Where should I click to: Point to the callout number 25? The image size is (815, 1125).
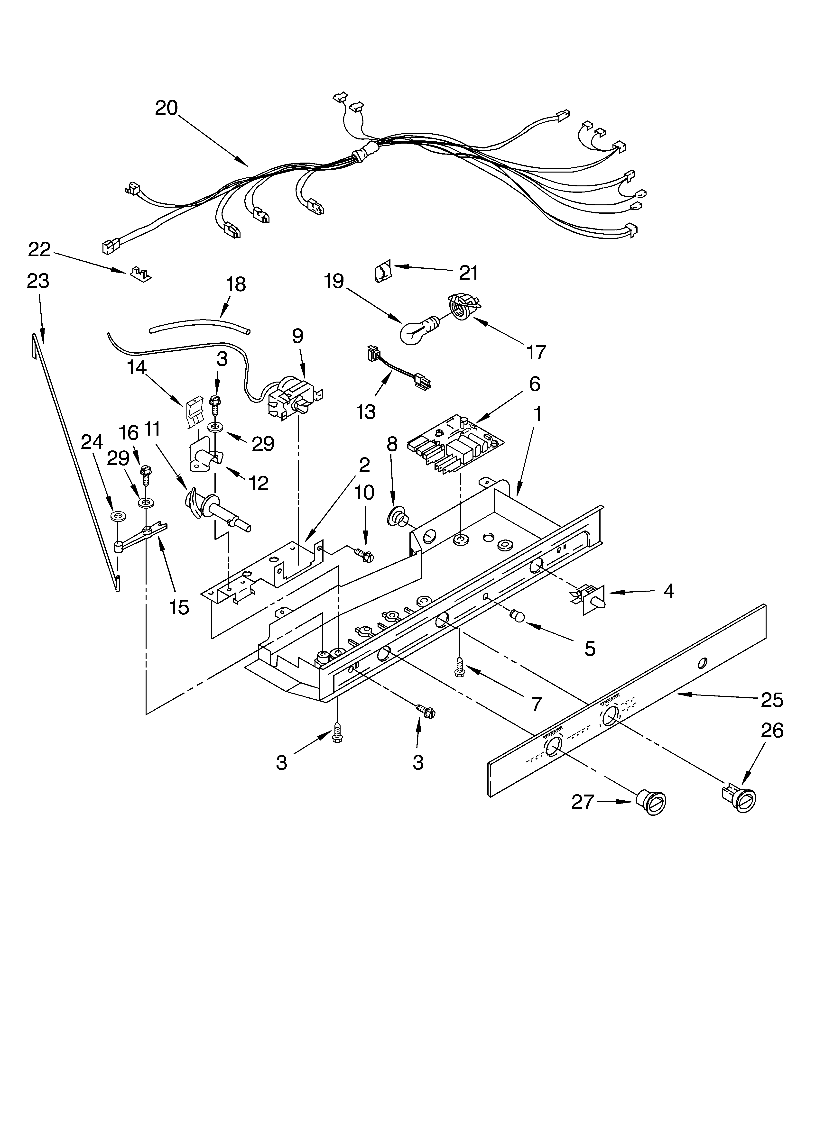(772, 699)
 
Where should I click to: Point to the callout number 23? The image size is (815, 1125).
(38, 281)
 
